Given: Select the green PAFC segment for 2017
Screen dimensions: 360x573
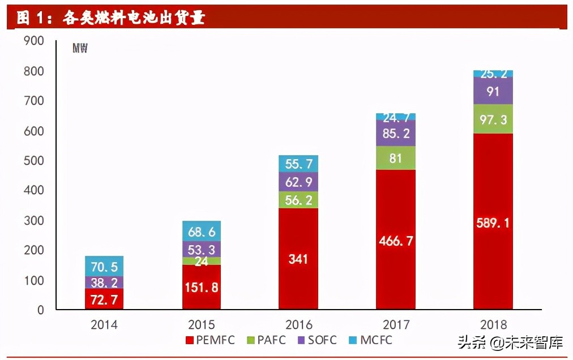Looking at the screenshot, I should (395, 158).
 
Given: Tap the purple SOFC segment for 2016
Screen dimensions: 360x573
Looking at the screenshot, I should (298, 182).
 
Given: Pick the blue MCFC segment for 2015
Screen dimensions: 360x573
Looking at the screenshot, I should (202, 231).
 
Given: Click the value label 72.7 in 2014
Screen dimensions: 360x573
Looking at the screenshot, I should (104, 300).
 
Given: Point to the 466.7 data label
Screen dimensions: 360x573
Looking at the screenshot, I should (395, 241).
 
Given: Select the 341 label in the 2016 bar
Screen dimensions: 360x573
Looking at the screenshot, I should (298, 259).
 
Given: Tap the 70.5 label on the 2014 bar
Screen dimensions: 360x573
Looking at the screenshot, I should (104, 266).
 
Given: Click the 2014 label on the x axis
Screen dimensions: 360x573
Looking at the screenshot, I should (104, 325).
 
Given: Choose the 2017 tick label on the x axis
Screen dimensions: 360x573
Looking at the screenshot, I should (395, 325).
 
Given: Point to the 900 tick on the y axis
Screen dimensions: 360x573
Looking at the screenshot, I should (33, 41).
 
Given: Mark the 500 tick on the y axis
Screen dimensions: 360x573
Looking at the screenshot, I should (33, 161).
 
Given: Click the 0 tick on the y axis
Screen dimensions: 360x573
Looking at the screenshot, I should (41, 310).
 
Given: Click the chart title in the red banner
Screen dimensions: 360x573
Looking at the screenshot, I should (110, 18).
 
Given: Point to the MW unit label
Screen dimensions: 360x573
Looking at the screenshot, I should (80, 49).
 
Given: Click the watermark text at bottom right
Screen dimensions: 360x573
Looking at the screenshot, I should (510, 342).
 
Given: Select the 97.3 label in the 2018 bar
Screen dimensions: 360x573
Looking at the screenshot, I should (493, 119).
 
